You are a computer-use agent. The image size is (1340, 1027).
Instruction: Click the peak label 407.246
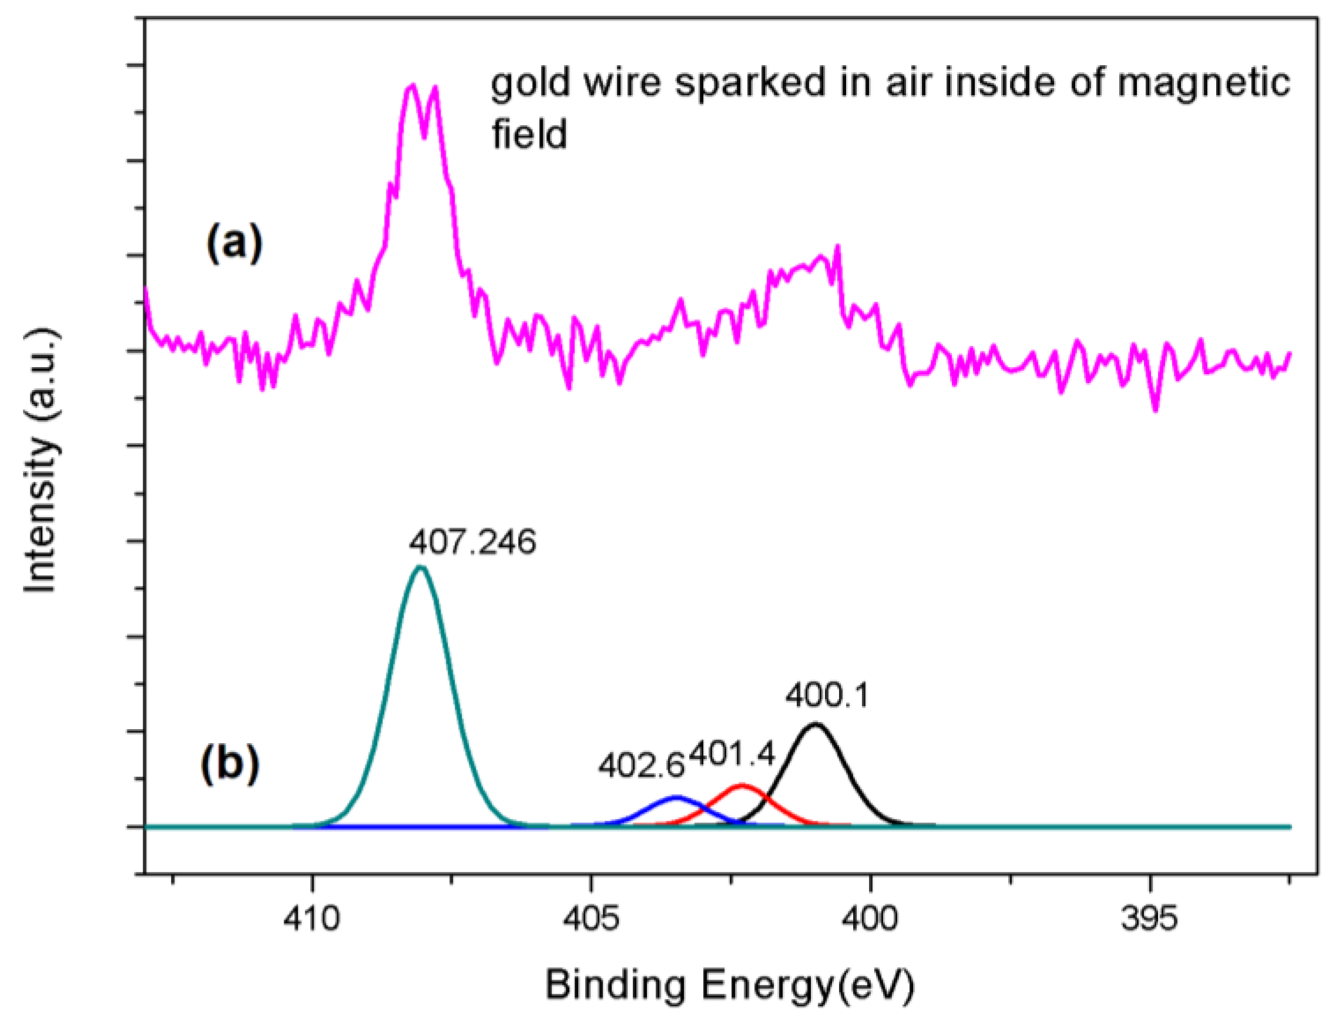click(x=472, y=542)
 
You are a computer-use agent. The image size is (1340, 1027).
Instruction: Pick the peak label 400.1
click(x=827, y=696)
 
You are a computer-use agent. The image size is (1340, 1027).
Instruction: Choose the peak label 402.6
click(x=641, y=766)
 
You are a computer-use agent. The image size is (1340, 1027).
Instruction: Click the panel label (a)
click(x=234, y=243)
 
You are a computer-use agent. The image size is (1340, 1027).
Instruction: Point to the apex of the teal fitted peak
click(x=420, y=567)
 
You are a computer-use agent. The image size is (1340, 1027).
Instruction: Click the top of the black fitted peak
click(x=814, y=724)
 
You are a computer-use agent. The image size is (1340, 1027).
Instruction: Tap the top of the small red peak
click(x=741, y=784)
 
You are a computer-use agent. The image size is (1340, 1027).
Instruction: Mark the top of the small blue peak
click(x=676, y=797)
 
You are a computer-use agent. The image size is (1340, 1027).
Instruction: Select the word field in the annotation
click(x=530, y=135)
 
